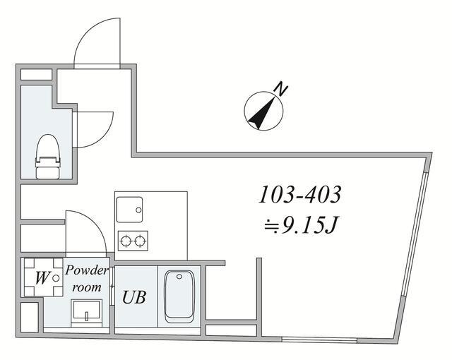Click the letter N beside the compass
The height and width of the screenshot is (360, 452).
[281, 90]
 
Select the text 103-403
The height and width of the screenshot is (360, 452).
[300, 193]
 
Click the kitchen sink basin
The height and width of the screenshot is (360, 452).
[130, 208]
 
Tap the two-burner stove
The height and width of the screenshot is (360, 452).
[133, 241]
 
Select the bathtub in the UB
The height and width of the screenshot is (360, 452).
[180, 297]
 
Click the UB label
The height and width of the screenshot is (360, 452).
[134, 297]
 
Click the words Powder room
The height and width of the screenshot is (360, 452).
[87, 279]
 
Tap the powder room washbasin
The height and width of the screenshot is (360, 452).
[87, 310]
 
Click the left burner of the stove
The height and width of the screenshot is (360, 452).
[126, 241]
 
